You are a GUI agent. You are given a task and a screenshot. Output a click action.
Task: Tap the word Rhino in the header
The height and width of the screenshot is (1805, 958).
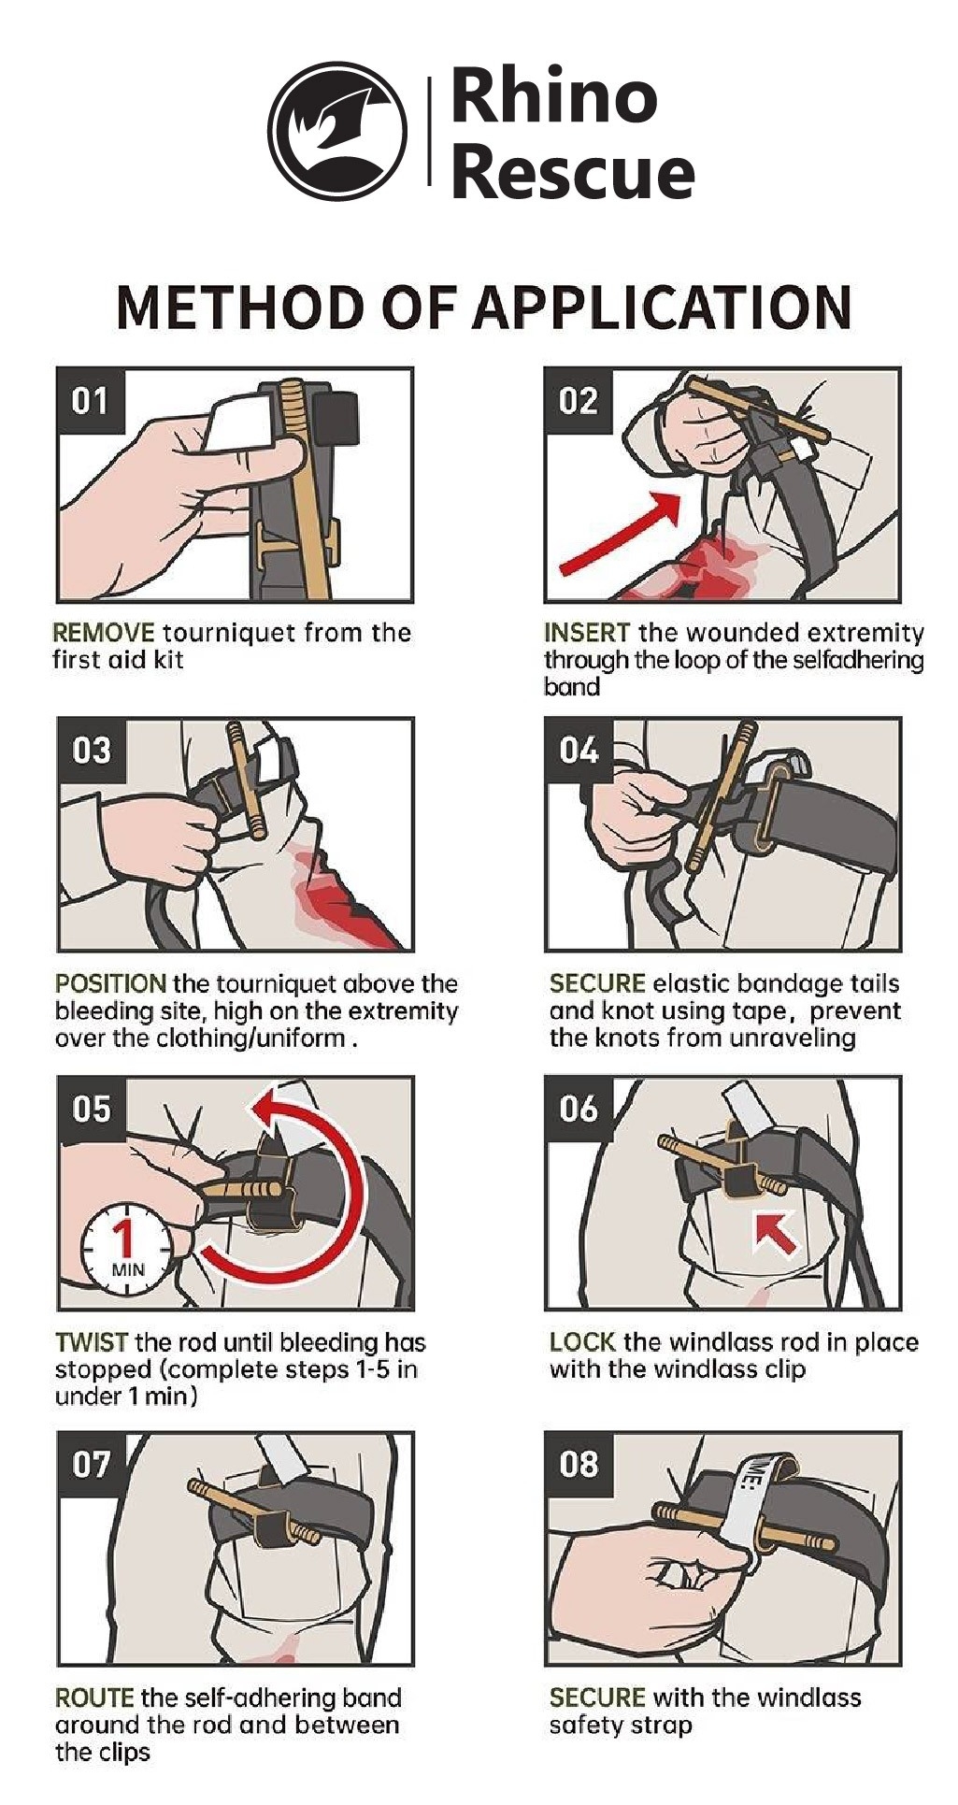[554, 97]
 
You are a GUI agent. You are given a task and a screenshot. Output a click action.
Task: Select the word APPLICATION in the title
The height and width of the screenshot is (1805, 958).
[662, 306]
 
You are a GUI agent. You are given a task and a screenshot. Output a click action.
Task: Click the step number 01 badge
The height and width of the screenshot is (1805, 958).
[90, 401]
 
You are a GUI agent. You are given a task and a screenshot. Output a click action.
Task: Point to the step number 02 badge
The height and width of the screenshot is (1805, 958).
[578, 401]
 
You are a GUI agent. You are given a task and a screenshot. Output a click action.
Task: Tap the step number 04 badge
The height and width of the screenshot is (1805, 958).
[578, 750]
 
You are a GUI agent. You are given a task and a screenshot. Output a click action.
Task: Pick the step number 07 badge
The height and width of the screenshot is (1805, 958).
[90, 1463]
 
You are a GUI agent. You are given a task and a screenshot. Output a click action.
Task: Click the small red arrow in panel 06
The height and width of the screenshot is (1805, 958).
[776, 1231]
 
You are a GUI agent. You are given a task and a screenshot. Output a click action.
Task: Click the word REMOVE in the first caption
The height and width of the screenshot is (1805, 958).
[103, 633]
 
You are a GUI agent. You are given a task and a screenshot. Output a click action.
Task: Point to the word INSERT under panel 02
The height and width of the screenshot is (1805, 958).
[587, 633]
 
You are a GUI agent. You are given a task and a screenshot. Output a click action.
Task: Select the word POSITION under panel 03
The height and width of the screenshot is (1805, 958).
[110, 983]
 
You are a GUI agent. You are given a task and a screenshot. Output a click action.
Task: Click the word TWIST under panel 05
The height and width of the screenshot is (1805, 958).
[91, 1342]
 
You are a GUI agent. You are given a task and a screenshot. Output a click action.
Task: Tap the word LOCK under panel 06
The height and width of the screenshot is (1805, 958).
[582, 1342]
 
